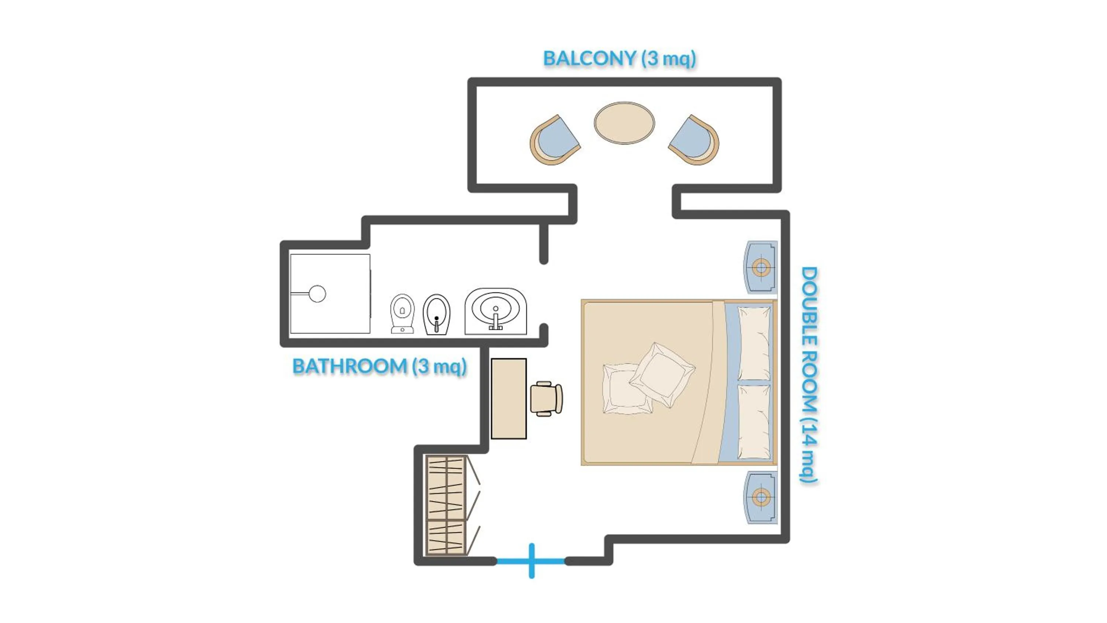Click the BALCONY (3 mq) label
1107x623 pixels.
[x=619, y=58]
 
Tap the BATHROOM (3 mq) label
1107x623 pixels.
[x=379, y=366]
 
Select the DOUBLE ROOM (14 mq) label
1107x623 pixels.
[x=808, y=375]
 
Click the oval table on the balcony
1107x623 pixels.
[x=624, y=123]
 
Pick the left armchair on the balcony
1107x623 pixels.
[x=555, y=140]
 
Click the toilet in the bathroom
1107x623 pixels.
[x=402, y=313]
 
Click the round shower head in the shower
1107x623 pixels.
[x=318, y=294]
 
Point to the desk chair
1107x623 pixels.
[x=546, y=399]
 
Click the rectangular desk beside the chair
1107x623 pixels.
[x=508, y=399]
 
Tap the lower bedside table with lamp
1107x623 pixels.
[x=761, y=498]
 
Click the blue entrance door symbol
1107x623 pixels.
[x=532, y=561]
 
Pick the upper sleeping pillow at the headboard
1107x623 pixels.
[x=754, y=343]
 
